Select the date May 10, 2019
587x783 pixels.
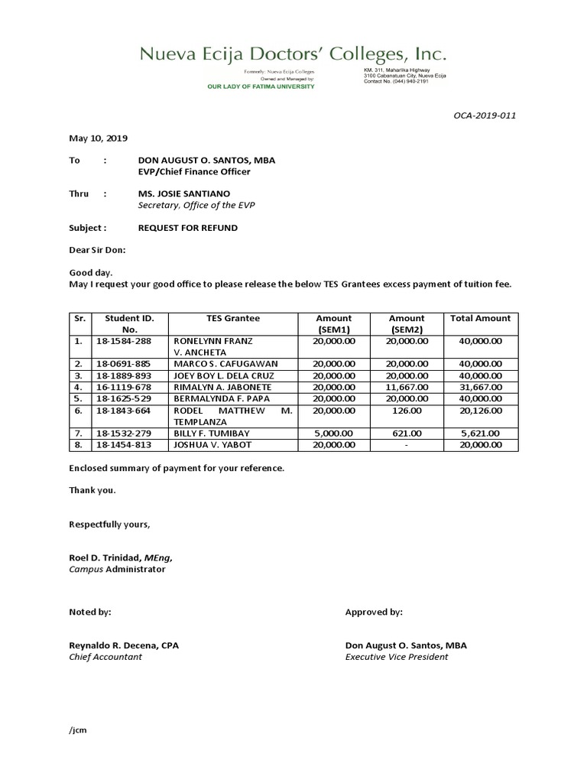99,138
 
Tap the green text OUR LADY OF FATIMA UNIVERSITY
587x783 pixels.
261,86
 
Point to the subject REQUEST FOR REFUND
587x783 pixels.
187,228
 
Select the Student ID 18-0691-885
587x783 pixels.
123,363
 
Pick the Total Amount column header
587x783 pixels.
481,318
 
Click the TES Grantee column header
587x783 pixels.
233,318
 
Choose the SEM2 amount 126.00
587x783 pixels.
407,411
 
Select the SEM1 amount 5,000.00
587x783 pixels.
333,432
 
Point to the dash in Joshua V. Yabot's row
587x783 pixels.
407,444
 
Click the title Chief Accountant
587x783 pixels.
105,657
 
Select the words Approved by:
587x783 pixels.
374,612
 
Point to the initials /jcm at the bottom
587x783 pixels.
78,729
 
